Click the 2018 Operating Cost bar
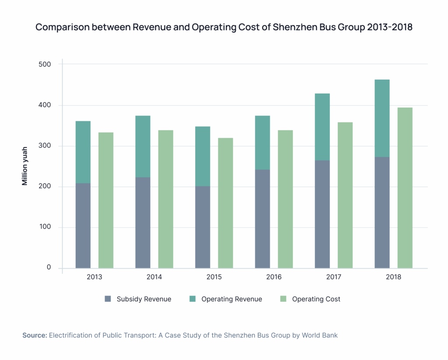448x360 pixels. [405, 188]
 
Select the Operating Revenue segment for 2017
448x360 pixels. [322, 127]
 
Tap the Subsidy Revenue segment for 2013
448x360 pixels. [83, 225]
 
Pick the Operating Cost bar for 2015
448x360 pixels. [225, 203]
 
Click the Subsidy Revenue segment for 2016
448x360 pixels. [262, 219]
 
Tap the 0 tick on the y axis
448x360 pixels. [49, 268]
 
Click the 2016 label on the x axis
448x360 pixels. [274, 277]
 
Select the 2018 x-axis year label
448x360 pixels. [393, 277]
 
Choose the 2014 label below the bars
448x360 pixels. [154, 277]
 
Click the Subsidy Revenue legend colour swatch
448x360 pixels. [108, 299]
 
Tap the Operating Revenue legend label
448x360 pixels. [231, 299]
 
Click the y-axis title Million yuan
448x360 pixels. [25, 166]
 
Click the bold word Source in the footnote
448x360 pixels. [35, 336]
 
